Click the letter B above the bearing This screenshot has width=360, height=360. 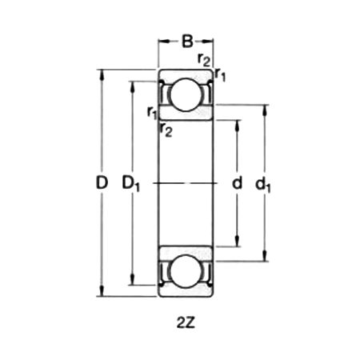tap(186, 39)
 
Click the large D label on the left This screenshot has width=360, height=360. tap(102, 183)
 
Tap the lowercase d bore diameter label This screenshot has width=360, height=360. tap(237, 183)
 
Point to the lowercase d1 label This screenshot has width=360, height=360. tap(263, 185)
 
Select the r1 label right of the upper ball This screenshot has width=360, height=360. tap(221, 76)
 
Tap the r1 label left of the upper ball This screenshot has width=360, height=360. tap(152, 113)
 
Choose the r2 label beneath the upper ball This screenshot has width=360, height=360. tap(166, 130)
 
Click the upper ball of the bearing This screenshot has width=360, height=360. tap(186, 95)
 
